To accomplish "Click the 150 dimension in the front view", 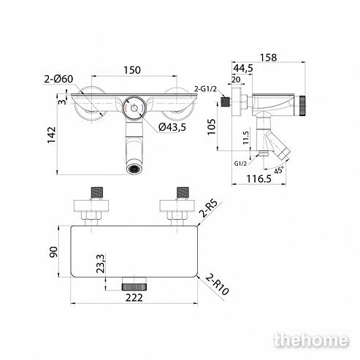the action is pyautogui.click(x=132, y=70).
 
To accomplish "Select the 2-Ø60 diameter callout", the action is pyautogui.click(x=58, y=79).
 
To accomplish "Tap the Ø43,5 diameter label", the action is pyautogui.click(x=172, y=127).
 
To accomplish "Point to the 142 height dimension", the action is pyautogui.click(x=52, y=135).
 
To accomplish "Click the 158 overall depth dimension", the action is pyautogui.click(x=269, y=58).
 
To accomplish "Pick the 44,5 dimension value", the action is pyautogui.click(x=243, y=69).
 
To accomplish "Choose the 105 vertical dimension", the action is pyautogui.click(x=211, y=126).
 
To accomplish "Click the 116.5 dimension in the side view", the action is pyautogui.click(x=259, y=179).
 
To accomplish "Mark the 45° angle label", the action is pyautogui.click(x=279, y=170).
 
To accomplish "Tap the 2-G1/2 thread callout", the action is pyautogui.click(x=205, y=89).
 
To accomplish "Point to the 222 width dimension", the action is pyautogui.click(x=134, y=297).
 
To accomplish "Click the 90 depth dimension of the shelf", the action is pyautogui.click(x=54, y=252).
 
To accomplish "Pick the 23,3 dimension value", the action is pyautogui.click(x=100, y=264).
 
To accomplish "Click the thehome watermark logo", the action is pyautogui.click(x=311, y=340).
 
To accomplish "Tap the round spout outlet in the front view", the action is pyautogui.click(x=134, y=169).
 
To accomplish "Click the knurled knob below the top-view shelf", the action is pyautogui.click(x=134, y=287).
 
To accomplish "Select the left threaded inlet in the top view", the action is pyautogui.click(x=97, y=193).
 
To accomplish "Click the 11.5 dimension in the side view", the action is pyautogui.click(x=245, y=138).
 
